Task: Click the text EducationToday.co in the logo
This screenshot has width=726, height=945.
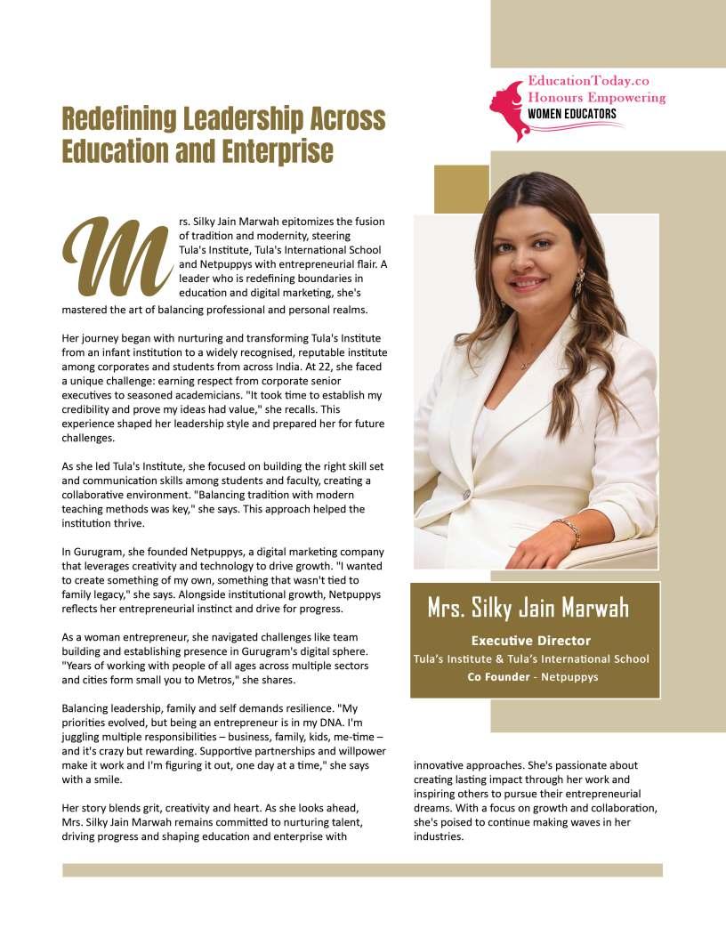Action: coord(588,81)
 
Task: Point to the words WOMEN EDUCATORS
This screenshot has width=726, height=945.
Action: coord(572,114)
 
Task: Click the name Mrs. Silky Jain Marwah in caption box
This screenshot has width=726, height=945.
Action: coord(528,609)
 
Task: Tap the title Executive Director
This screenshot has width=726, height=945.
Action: coord(530,641)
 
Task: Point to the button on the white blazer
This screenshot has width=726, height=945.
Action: coord(465,494)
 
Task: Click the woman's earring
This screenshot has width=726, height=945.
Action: coord(579,283)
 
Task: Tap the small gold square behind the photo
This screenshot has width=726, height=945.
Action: coord(460,189)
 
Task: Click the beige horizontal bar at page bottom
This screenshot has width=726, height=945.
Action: coord(362,869)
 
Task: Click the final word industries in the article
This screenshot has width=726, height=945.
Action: coord(439,836)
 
